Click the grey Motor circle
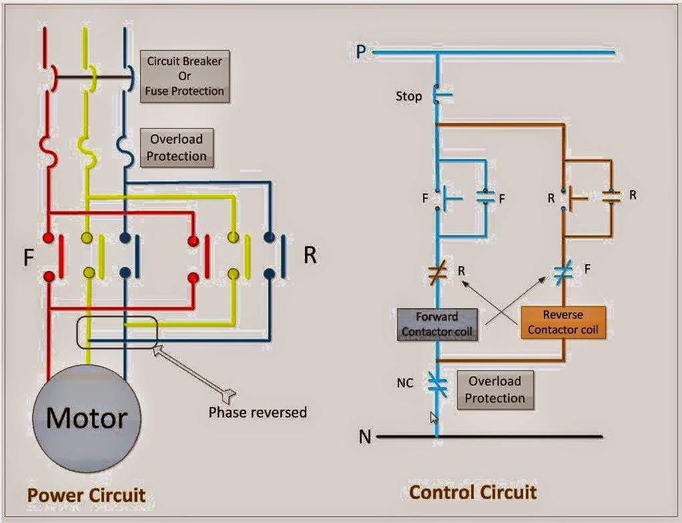tap(87, 418)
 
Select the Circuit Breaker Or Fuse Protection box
tap(185, 76)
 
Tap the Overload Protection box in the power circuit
tap(176, 147)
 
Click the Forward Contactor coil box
tap(438, 324)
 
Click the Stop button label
tap(408, 97)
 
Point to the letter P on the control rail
tap(361, 52)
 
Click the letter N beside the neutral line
tap(364, 437)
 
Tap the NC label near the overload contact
tap(405, 383)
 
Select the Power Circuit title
tap(85, 496)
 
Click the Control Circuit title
tap(472, 492)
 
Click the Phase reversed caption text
tap(258, 412)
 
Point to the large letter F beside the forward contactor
tap(29, 257)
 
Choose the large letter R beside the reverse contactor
tap(310, 255)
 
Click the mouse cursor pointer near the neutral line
tap(434, 418)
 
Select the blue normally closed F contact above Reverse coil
tap(563, 272)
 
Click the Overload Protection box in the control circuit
tap(494, 390)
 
